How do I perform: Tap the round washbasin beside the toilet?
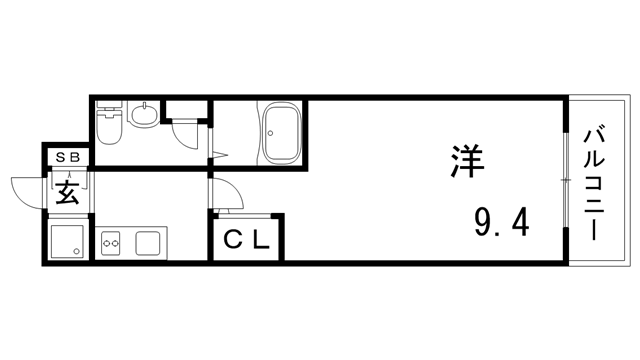143,117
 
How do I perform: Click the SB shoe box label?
68,156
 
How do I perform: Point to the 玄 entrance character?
67,191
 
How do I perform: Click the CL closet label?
246,241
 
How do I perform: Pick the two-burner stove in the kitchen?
111,241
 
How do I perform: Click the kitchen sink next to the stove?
149,241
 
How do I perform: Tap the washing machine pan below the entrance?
67,240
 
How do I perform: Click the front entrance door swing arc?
28,190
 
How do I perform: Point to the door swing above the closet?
225,195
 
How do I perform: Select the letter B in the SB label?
75,156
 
